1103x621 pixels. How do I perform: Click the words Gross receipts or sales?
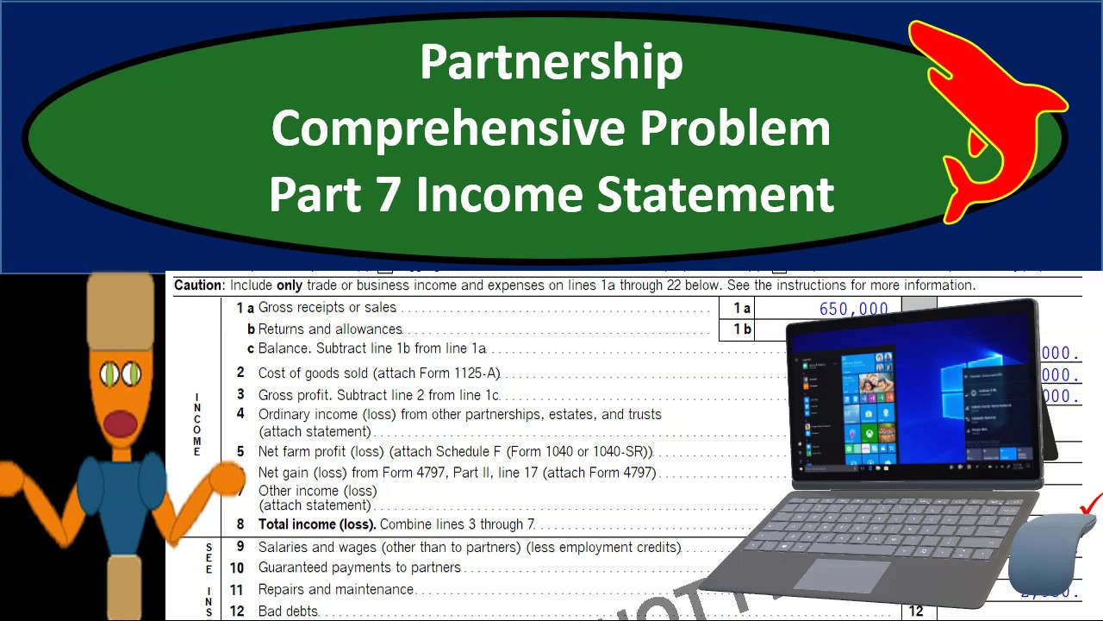(x=327, y=307)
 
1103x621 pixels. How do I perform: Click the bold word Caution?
(x=198, y=285)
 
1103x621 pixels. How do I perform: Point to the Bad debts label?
(x=289, y=612)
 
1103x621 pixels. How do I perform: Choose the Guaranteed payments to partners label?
(x=359, y=568)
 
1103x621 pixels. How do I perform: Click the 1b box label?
(x=742, y=329)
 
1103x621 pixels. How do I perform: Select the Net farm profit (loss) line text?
(x=455, y=452)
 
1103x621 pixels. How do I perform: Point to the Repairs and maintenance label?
(x=336, y=590)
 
